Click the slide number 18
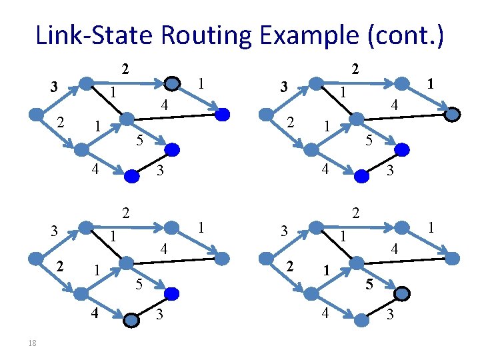click(33, 343)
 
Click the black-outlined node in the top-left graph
click(173, 83)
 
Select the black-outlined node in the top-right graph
click(452, 115)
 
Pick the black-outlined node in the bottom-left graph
click(132, 321)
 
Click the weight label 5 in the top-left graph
click(139, 139)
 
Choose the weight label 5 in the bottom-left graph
click(139, 285)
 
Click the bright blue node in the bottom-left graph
click(173, 293)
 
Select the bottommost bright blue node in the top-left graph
click(132, 175)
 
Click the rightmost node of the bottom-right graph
click(453, 257)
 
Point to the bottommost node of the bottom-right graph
click(362, 321)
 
